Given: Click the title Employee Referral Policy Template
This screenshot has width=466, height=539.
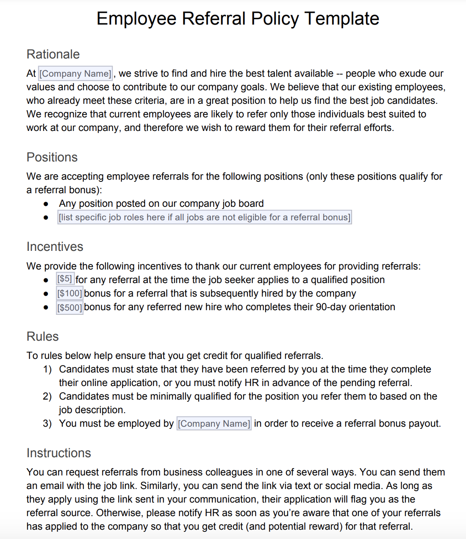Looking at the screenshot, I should [x=238, y=19].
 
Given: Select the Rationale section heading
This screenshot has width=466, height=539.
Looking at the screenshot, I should [x=53, y=54].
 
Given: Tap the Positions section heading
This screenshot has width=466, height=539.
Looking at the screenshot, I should [x=52, y=157].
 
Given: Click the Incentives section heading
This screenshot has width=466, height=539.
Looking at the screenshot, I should [x=55, y=247].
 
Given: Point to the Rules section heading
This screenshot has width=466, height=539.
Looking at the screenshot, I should [x=42, y=336].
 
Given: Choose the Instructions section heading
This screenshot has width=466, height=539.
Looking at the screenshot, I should [x=58, y=453].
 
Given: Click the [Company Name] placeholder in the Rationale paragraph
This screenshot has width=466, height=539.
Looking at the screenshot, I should [x=75, y=74].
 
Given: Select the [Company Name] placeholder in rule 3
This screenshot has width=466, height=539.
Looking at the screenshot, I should [x=214, y=424].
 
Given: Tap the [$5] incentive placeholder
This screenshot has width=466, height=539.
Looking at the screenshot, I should [x=65, y=279].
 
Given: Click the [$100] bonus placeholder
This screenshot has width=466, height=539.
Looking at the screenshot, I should [x=69, y=293].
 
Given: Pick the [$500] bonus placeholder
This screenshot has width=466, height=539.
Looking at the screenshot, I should [x=69, y=307].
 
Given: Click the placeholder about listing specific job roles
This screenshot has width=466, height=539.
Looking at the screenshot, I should [x=205, y=217].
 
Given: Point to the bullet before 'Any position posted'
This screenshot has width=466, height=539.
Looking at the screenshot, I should [x=46, y=204].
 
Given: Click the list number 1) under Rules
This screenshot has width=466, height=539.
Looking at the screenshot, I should [x=47, y=370].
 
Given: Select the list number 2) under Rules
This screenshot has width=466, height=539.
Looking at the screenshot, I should [x=47, y=397].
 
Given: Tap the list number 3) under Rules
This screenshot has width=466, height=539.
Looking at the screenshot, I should [x=47, y=424].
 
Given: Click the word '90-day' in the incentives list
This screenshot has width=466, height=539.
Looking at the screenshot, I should [x=331, y=307].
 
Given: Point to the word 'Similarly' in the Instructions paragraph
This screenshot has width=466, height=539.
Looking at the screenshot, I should [x=159, y=486].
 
